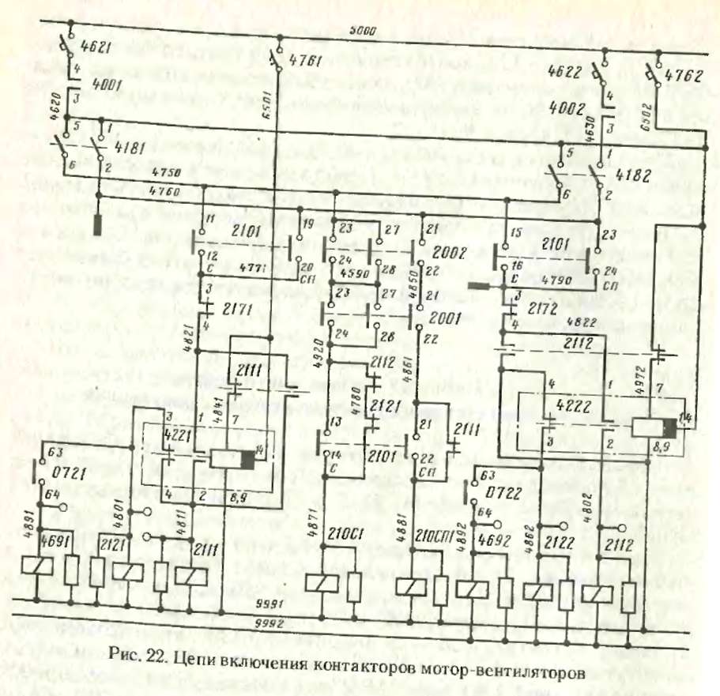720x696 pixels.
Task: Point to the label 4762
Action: point(682,77)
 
